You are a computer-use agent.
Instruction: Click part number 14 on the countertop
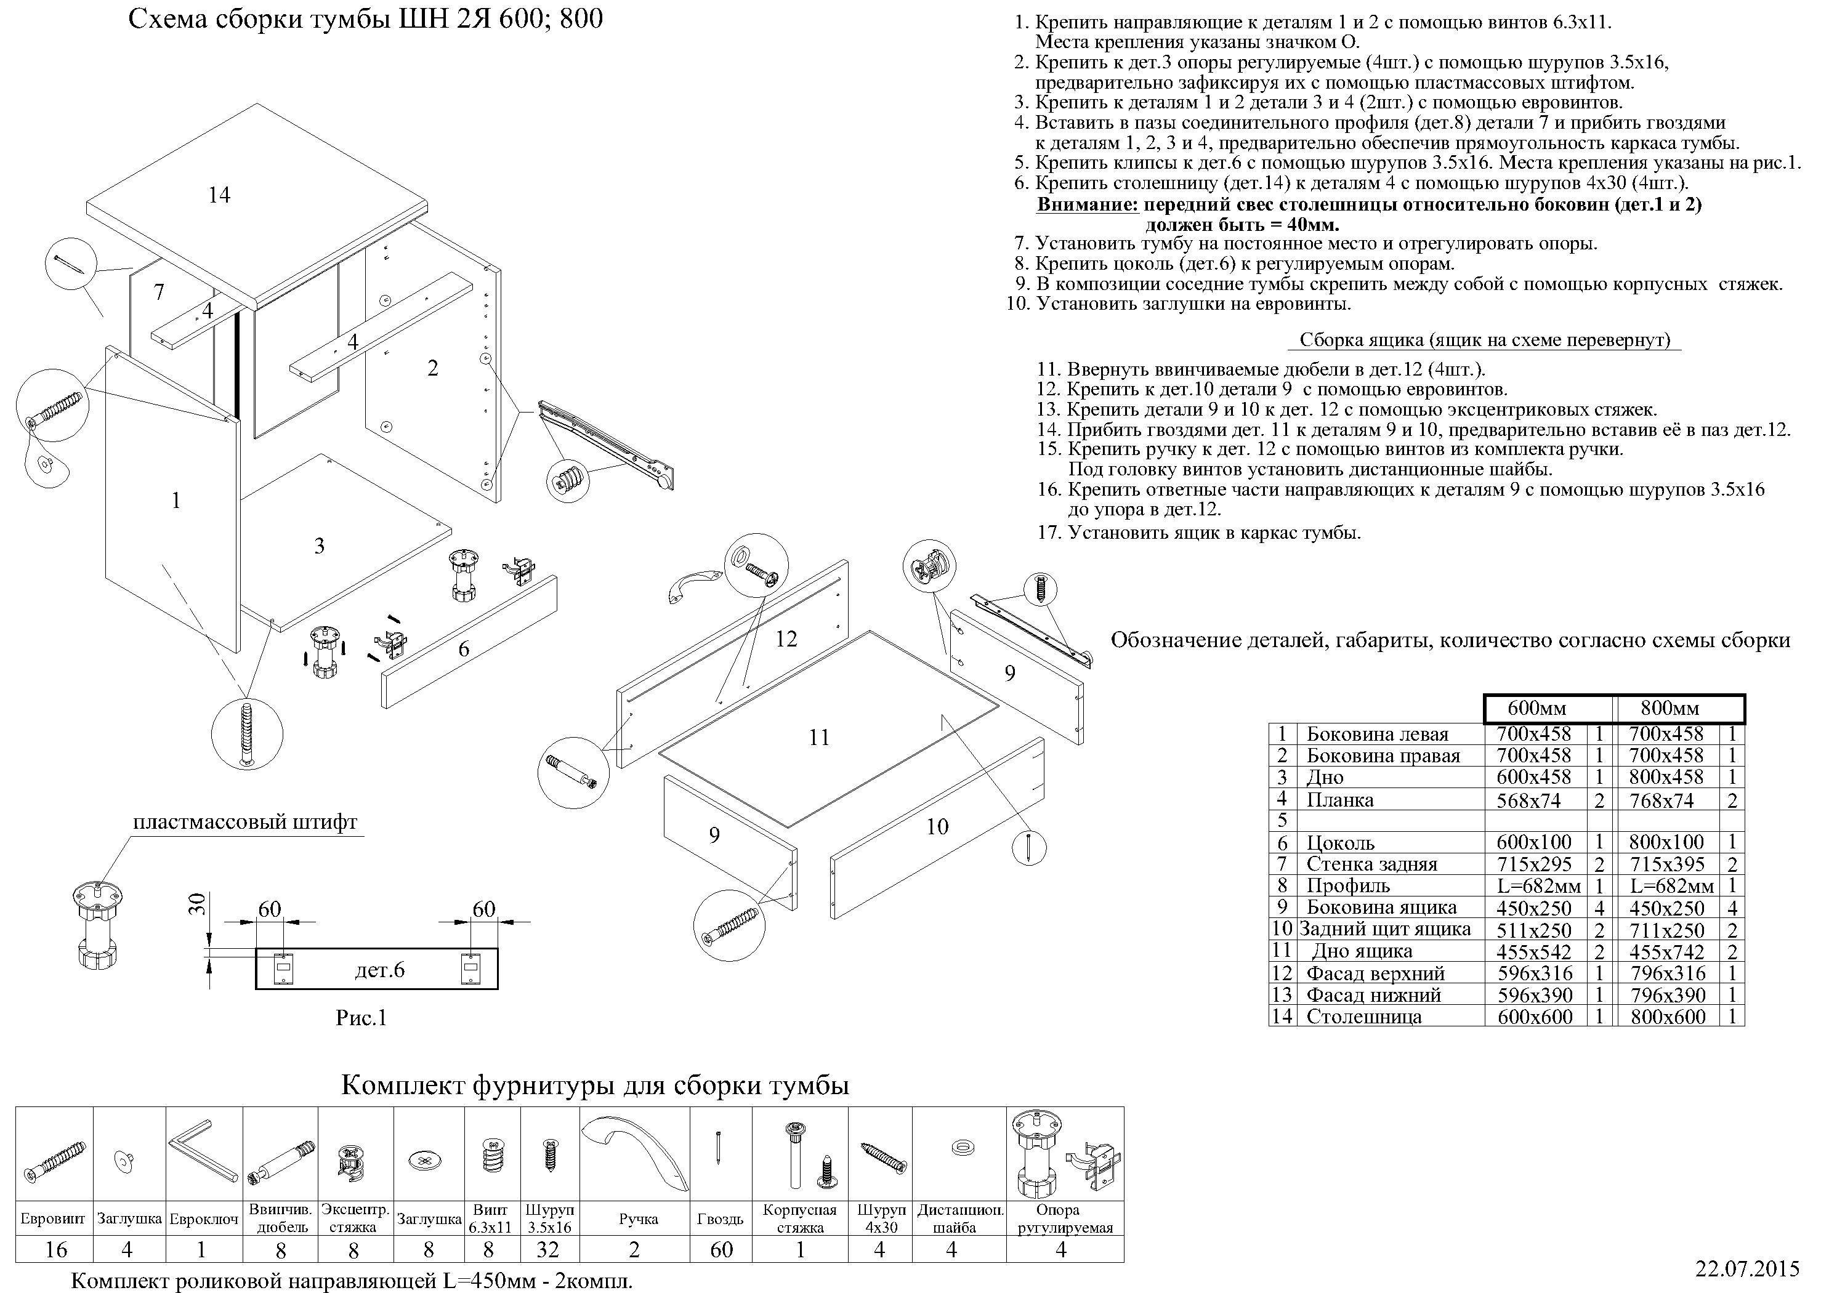click(219, 195)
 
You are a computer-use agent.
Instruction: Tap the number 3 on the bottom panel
click(320, 546)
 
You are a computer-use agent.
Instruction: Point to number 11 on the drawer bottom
click(819, 738)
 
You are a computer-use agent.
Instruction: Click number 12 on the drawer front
click(786, 639)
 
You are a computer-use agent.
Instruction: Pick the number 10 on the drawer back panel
click(937, 827)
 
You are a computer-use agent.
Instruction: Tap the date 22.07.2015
click(1746, 1268)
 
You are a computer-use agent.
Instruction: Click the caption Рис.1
click(361, 1018)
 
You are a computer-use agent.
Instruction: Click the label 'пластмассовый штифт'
click(244, 822)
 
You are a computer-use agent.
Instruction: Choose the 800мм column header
click(1670, 708)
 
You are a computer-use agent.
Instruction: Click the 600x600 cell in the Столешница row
click(1535, 1017)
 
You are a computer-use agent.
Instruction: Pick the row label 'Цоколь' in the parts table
click(1341, 843)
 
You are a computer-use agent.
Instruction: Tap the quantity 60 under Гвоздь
click(721, 1249)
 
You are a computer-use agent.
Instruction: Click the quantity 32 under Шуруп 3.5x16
click(548, 1249)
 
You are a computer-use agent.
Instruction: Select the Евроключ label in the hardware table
click(204, 1220)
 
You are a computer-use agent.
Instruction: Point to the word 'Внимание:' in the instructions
click(1086, 205)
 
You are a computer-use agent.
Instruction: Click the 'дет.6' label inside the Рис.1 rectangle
click(379, 970)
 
